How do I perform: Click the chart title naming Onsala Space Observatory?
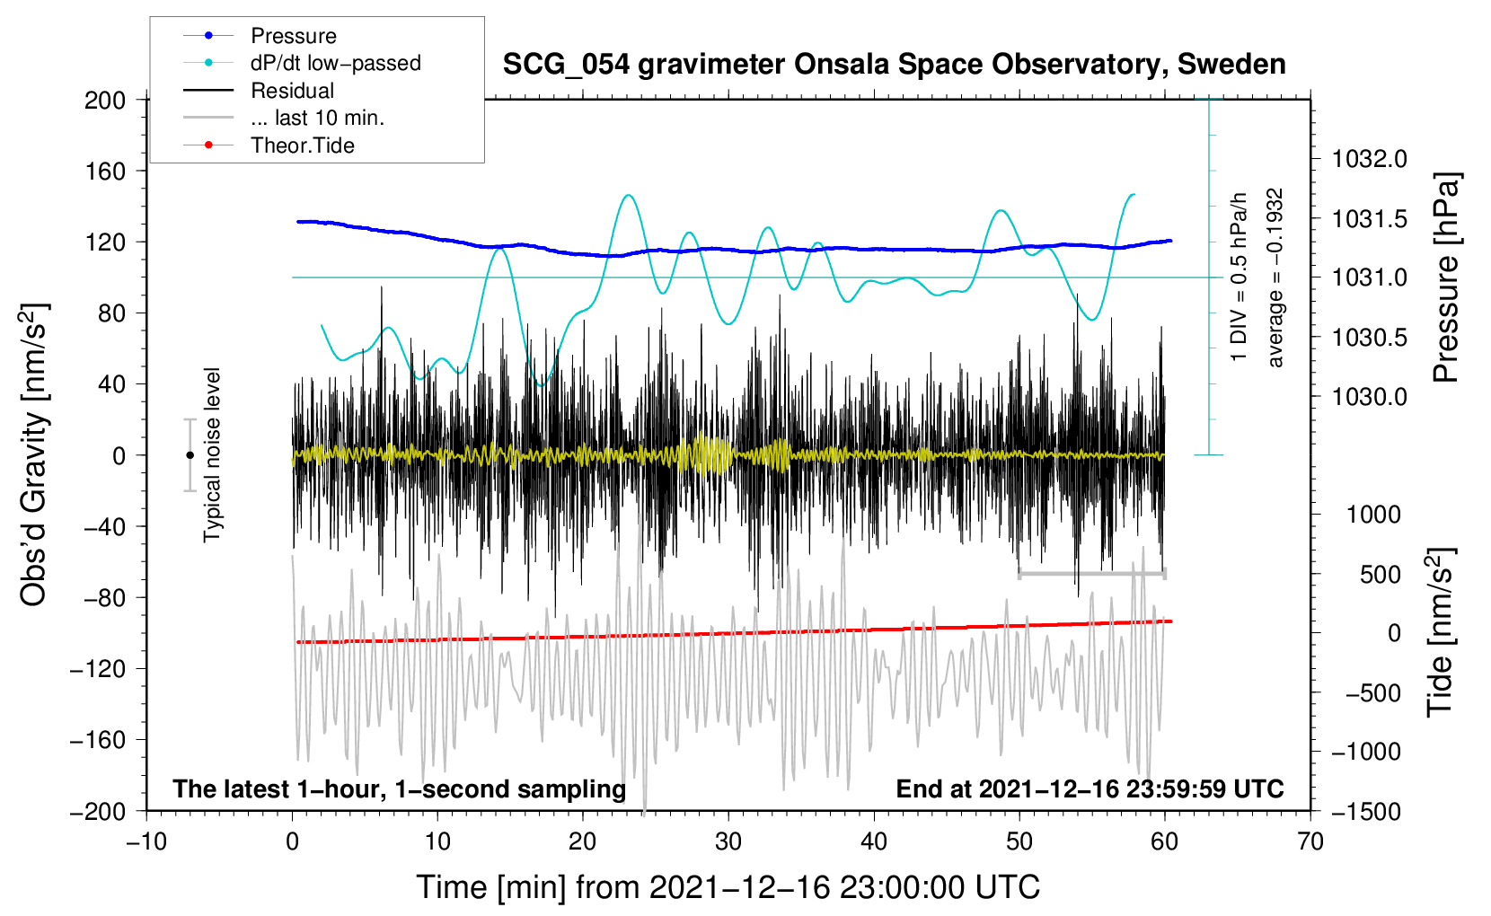click(x=894, y=65)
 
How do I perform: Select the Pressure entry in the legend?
click(x=293, y=36)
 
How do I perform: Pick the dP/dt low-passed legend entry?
click(x=335, y=63)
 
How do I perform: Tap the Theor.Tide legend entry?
click(x=302, y=145)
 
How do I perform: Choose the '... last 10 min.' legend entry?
click(x=317, y=118)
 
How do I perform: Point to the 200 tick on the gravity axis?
click(x=105, y=100)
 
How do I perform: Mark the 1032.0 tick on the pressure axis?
click(x=1369, y=159)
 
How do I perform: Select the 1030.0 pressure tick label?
click(x=1369, y=397)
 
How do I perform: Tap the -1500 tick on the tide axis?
click(x=1366, y=811)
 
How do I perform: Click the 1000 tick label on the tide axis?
click(x=1373, y=515)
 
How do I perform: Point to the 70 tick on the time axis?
click(x=1310, y=841)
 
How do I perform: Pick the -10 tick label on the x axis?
click(x=146, y=841)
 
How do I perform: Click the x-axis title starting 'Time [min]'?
click(x=728, y=887)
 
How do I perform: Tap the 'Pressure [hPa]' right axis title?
click(x=1446, y=278)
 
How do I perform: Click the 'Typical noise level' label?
click(x=212, y=454)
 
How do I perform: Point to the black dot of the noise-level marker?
click(x=190, y=455)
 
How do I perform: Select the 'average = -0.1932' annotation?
click(x=1275, y=277)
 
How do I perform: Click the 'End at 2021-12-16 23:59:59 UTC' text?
click(x=1090, y=788)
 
